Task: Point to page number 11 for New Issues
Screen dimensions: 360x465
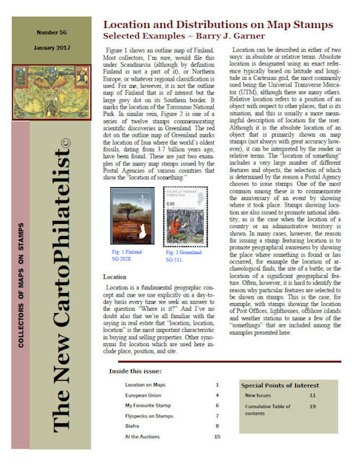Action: point(312,396)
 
